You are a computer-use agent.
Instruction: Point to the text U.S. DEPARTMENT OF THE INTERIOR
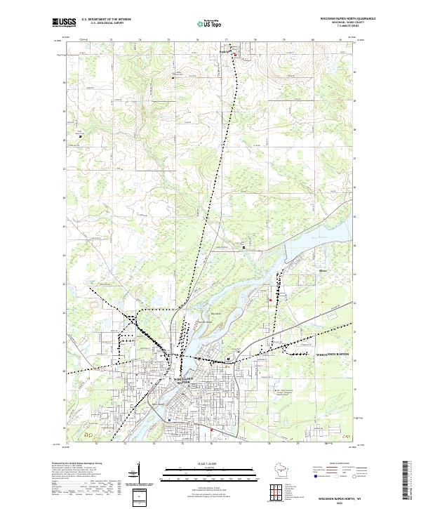tap(105, 20)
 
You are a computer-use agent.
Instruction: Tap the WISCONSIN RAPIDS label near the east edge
tap(333, 354)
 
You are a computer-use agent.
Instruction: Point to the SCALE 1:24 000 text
tap(210, 463)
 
